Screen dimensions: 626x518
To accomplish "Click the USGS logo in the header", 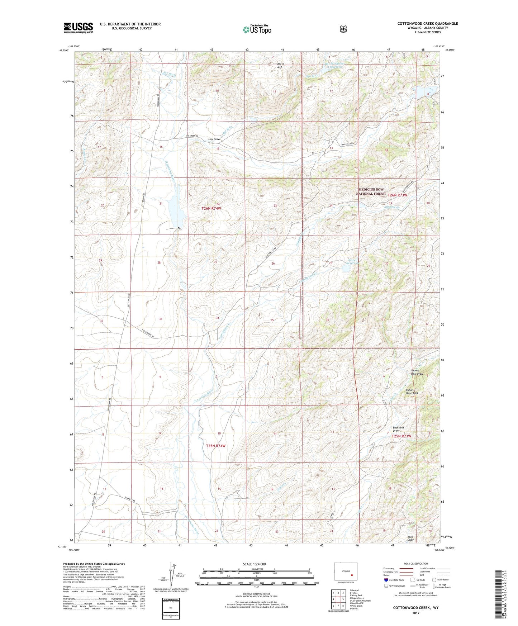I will tap(78, 28).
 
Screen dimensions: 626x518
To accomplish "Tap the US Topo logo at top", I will tap(257, 29).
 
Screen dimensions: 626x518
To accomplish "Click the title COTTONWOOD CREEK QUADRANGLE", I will tap(427, 24).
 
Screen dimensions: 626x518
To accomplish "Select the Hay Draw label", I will tap(214, 139).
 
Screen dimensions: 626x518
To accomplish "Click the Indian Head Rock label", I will tap(412, 392).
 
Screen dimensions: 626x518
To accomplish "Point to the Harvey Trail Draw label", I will tap(417, 372).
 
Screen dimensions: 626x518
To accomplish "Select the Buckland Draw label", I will tap(398, 429).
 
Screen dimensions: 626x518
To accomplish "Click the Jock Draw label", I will tap(410, 538).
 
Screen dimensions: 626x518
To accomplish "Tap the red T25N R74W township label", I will tap(216, 446).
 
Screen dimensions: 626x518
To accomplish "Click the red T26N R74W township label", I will tap(211, 208).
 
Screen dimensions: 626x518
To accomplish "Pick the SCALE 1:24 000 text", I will tap(254, 564).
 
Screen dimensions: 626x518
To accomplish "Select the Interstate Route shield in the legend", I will tap(386, 580).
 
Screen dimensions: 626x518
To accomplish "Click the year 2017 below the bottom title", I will tap(415, 613).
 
